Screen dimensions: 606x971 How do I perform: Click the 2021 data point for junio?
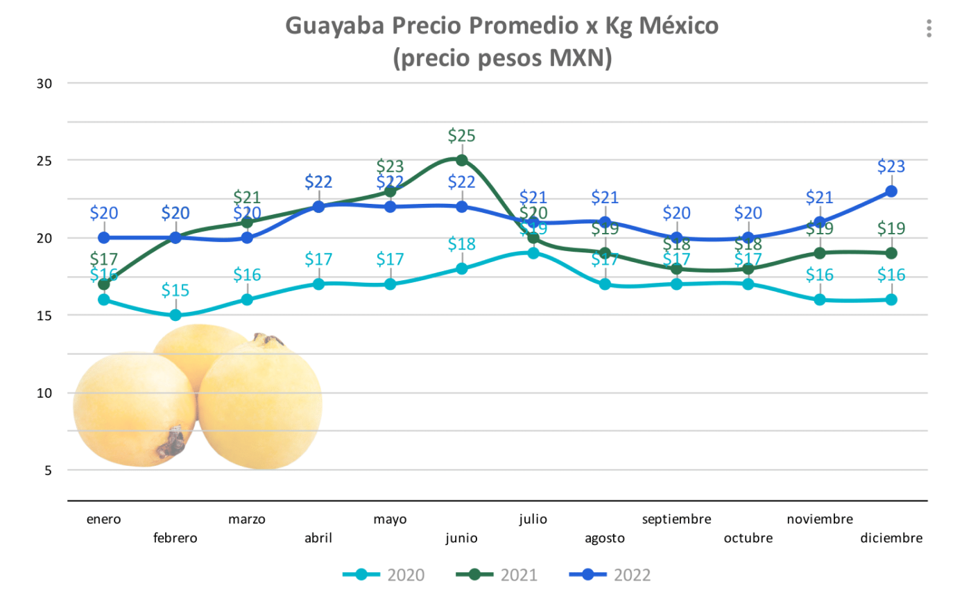461,160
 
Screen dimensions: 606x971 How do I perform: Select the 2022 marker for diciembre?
891,191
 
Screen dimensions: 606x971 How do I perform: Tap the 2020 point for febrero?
175,315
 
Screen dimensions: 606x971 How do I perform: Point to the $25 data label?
461,136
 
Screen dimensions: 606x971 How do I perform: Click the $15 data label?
175,291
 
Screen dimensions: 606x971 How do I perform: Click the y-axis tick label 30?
44,84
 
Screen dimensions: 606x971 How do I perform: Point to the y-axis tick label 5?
48,471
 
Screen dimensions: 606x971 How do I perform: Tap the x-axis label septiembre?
676,519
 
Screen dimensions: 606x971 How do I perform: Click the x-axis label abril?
318,538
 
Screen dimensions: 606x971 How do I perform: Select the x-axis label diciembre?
891,538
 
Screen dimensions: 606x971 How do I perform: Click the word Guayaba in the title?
335,26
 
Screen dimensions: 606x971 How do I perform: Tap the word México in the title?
678,26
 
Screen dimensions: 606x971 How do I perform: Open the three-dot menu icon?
929,28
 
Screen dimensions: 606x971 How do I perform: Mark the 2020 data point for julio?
533,253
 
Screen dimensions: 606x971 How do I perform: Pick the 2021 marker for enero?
104,284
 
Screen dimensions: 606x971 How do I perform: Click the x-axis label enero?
104,519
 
